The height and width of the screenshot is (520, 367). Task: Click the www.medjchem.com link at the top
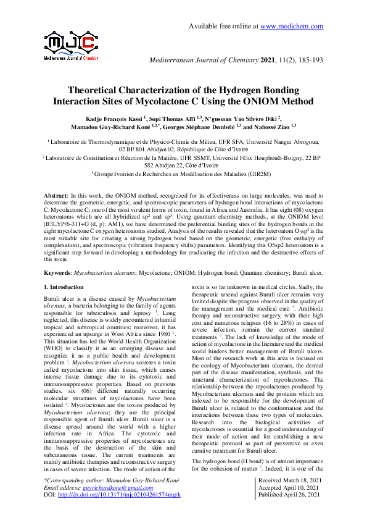(x=292, y=26)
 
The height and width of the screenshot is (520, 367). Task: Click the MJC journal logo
(x=72, y=45)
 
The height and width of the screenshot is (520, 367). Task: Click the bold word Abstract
(x=58, y=195)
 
